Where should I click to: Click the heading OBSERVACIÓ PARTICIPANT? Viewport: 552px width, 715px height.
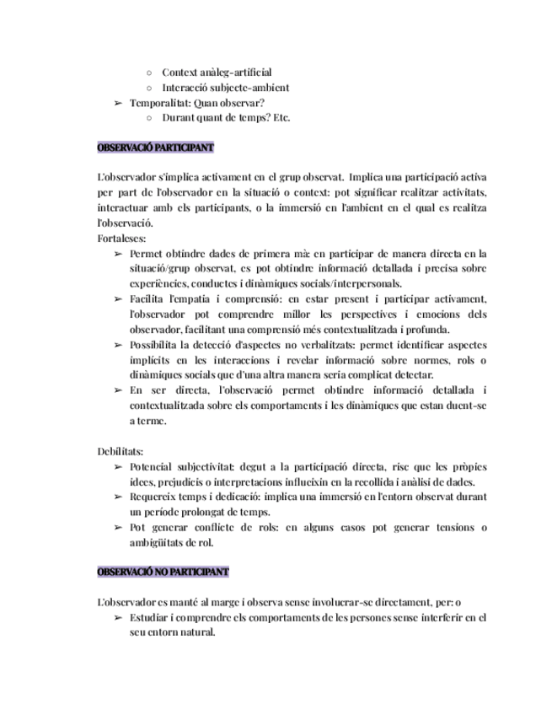click(x=156, y=148)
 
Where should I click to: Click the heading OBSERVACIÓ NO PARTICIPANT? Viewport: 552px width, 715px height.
click(x=163, y=572)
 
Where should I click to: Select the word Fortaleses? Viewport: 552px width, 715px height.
click(x=121, y=239)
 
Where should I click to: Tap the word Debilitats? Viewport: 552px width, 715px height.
click(x=121, y=452)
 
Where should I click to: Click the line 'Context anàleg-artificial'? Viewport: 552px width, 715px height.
click(x=217, y=73)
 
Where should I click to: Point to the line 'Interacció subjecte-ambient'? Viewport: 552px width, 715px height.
click(x=225, y=88)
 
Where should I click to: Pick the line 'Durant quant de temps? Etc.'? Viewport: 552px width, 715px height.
click(x=225, y=117)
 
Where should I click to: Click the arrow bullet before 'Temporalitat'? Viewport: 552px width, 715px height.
click(x=119, y=103)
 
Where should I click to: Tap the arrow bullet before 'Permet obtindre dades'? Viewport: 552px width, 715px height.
click(x=119, y=254)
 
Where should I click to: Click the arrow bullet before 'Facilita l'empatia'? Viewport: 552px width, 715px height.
click(x=119, y=299)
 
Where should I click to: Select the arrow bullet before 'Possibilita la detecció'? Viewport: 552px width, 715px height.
click(x=119, y=345)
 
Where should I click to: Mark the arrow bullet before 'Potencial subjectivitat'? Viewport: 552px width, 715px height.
click(x=119, y=467)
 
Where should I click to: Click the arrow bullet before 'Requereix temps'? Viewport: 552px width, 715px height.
click(x=119, y=497)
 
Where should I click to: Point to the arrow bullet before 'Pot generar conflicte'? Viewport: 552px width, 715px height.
click(x=119, y=528)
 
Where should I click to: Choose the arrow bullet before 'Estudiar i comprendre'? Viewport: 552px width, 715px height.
click(x=119, y=618)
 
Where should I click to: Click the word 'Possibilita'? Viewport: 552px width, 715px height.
click(x=155, y=345)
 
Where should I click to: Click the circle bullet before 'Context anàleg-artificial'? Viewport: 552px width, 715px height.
click(x=149, y=73)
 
